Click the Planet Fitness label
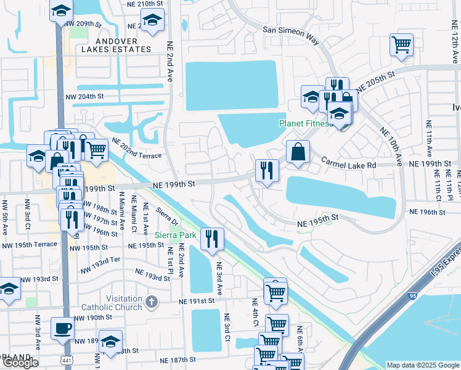point(305,123)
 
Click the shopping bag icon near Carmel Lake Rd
point(298,151)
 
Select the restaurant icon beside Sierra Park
point(213,238)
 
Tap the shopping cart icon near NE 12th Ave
point(401,44)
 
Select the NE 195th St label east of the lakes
point(317,217)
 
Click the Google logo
point(20,363)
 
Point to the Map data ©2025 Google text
point(423,365)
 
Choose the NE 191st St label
point(196,301)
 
